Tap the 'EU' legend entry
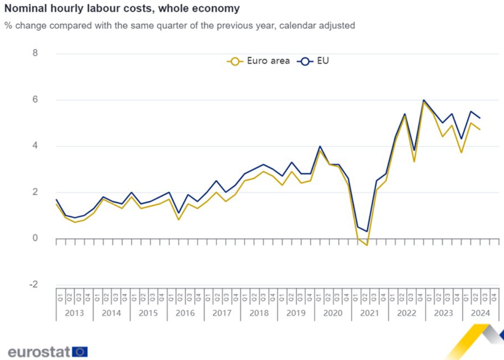coord(314,61)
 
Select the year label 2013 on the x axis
coord(74,313)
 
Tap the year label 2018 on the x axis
coord(259,313)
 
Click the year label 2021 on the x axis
coord(369,313)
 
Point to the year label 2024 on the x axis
coord(480,313)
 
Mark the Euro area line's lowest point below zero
coord(367,245)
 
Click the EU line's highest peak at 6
coord(424,100)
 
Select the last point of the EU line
coord(480,118)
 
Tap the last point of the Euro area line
coord(480,130)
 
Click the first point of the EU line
coord(56,199)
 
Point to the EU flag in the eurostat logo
coord(80,352)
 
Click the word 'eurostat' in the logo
coord(39,352)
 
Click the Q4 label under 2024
coord(494,296)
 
